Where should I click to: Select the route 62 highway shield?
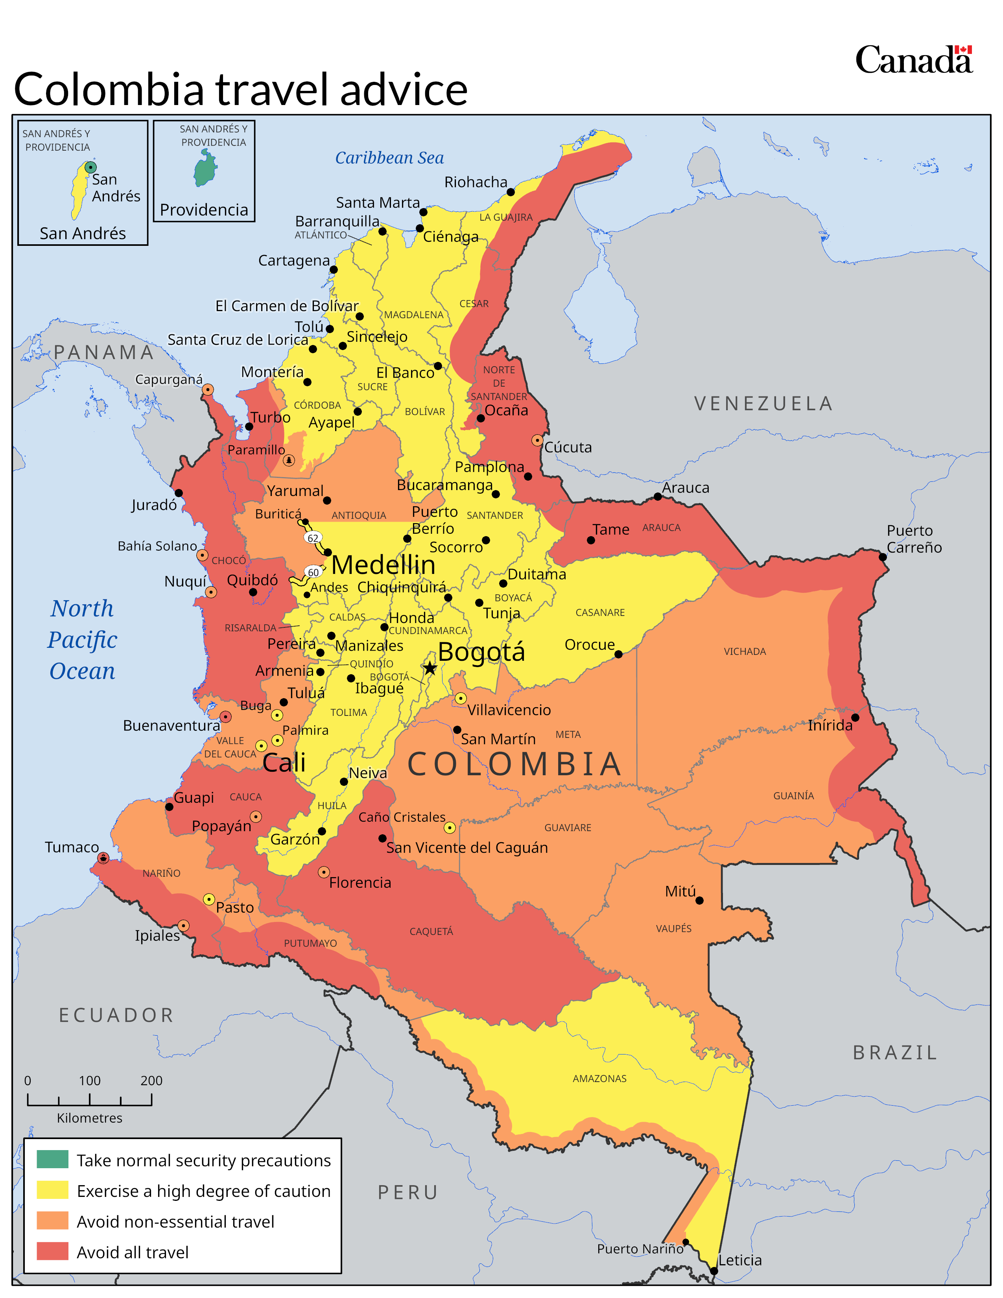pyautogui.click(x=313, y=538)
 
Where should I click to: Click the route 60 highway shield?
pyautogui.click(x=313, y=572)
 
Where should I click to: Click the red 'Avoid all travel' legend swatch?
pyautogui.click(x=52, y=1251)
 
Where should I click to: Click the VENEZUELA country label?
pyautogui.click(x=763, y=404)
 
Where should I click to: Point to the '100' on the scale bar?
pyautogui.click(x=90, y=1080)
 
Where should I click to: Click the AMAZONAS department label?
pyautogui.click(x=599, y=1078)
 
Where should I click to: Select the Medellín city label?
pyautogui.click(x=383, y=564)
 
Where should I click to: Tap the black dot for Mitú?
pyautogui.click(x=699, y=900)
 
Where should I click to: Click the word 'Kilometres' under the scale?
pyautogui.click(x=90, y=1118)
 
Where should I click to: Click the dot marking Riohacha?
pyautogui.click(x=511, y=192)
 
